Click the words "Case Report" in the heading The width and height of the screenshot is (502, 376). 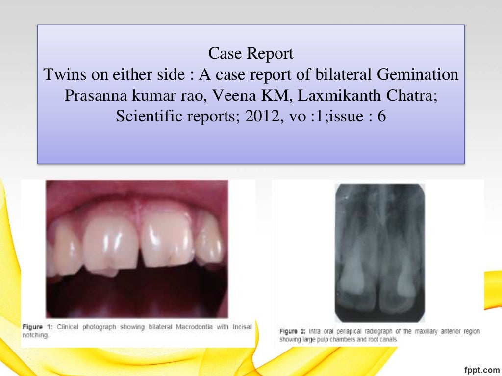tap(251, 53)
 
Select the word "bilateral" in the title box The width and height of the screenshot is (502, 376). tap(346, 75)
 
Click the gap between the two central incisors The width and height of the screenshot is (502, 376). tap(140, 245)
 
